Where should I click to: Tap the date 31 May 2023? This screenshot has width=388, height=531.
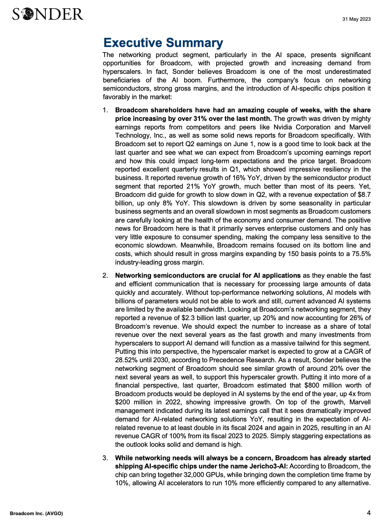356,19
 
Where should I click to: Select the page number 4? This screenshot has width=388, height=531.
369,513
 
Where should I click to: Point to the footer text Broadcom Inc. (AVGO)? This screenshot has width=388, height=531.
36,514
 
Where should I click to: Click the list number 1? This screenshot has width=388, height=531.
105,110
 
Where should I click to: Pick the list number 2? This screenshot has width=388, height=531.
105,276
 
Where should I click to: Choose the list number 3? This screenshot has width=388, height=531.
105,458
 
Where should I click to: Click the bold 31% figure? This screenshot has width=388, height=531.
199,119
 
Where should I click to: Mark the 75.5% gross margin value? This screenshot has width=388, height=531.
361,254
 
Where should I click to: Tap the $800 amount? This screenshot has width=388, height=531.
311,385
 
